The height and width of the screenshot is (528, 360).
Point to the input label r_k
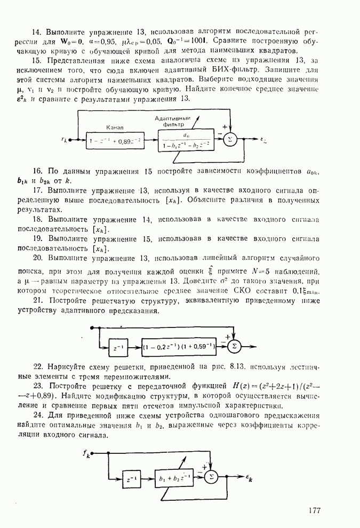click(x=65, y=140)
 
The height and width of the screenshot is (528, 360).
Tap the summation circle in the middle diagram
click(x=233, y=346)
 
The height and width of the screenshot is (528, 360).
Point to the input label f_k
click(x=86, y=454)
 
